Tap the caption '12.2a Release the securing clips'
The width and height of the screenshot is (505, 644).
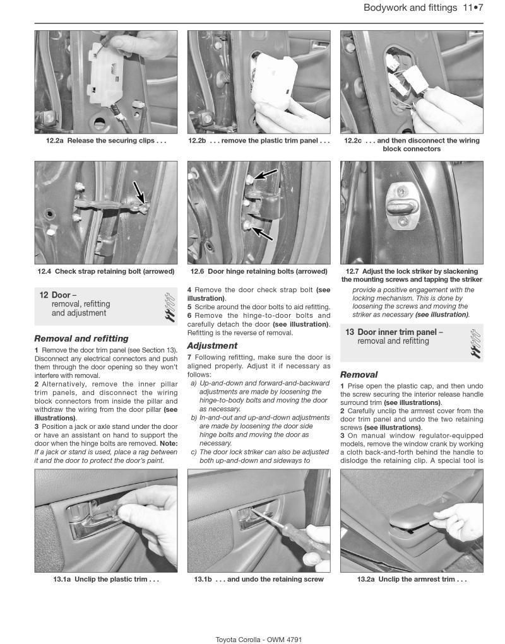106,141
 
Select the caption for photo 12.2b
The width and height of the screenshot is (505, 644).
259,141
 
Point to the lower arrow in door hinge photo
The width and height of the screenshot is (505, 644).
261,231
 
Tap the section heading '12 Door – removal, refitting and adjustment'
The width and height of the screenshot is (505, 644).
79,304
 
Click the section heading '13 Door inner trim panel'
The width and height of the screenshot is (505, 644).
399,336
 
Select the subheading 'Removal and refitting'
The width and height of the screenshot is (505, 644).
81,339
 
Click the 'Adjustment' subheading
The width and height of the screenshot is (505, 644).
212,346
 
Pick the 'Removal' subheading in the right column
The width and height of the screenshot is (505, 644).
359,374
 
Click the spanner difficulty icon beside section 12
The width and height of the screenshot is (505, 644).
169,307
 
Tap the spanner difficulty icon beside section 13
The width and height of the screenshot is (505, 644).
475,341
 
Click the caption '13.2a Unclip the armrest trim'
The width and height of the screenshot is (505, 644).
412,579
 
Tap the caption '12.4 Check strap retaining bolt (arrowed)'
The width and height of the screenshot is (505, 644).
106,271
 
